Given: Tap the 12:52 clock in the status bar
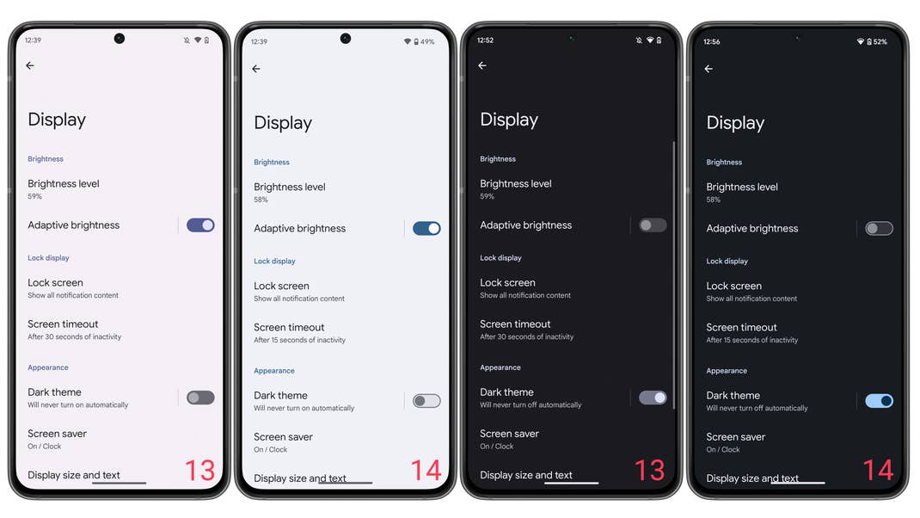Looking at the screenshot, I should click(x=485, y=40).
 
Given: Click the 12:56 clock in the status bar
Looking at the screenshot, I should click(x=711, y=41).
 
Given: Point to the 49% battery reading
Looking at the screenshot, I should click(x=427, y=41).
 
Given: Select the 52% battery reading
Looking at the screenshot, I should click(x=880, y=41).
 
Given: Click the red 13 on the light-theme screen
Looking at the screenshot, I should click(x=199, y=471).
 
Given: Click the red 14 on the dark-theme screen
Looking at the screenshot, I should click(x=878, y=471).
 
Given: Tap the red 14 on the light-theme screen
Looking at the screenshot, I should click(x=426, y=471).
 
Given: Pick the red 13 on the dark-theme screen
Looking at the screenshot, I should click(x=650, y=471).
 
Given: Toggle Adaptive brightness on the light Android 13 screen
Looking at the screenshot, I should click(x=200, y=225).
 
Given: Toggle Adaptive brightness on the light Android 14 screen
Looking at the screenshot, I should click(x=426, y=228).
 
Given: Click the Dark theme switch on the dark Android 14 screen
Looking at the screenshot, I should click(x=879, y=401).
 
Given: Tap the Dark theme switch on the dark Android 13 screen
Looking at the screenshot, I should click(x=653, y=398).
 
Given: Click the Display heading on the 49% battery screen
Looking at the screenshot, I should click(x=283, y=123).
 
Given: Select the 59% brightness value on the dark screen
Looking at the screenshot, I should click(x=488, y=196).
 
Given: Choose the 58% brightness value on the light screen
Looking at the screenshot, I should click(x=261, y=200).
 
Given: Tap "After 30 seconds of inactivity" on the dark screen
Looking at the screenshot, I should click(x=526, y=336).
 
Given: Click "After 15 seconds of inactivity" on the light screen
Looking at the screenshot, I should click(x=299, y=340).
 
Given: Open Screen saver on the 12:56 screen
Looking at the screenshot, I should click(x=735, y=437).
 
